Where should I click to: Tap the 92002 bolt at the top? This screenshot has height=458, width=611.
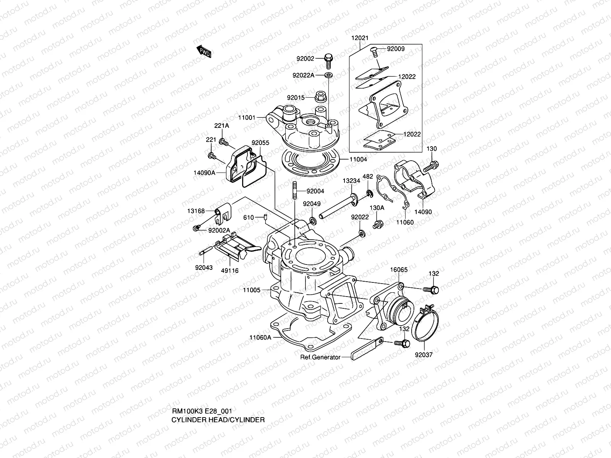pos(328,59)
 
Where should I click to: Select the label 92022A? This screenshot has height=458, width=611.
pos(303,75)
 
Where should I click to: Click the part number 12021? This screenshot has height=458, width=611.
pos(360,38)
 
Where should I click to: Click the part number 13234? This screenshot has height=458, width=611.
pos(351,181)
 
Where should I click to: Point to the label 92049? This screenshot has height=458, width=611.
pos(312,204)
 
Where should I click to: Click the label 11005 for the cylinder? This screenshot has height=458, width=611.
pos(252,290)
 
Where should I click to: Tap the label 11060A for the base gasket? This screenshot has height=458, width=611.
pos(260,337)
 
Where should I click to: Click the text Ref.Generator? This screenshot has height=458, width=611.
pos(320,357)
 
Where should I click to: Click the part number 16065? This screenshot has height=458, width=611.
pos(399,270)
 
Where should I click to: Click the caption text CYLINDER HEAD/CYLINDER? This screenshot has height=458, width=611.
pos(218,420)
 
